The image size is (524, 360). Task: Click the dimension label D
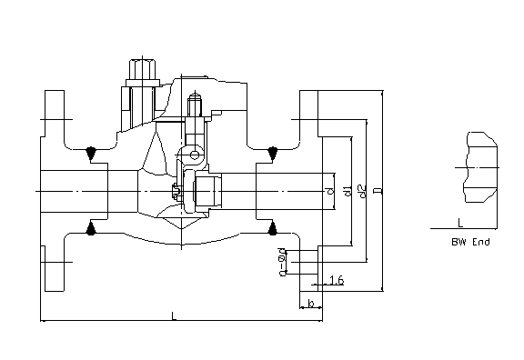pos(378,191)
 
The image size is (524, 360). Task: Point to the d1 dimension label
pos(348,191)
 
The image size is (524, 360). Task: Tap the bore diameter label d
pos(330,191)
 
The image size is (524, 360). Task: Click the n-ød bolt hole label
pos(283,262)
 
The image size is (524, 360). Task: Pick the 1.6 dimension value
pos(337,280)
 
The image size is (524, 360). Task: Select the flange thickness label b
pos(311,304)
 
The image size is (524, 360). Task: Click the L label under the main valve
pos(174,315)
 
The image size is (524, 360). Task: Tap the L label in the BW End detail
pos(460,223)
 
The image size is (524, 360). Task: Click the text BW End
pos(470,242)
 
